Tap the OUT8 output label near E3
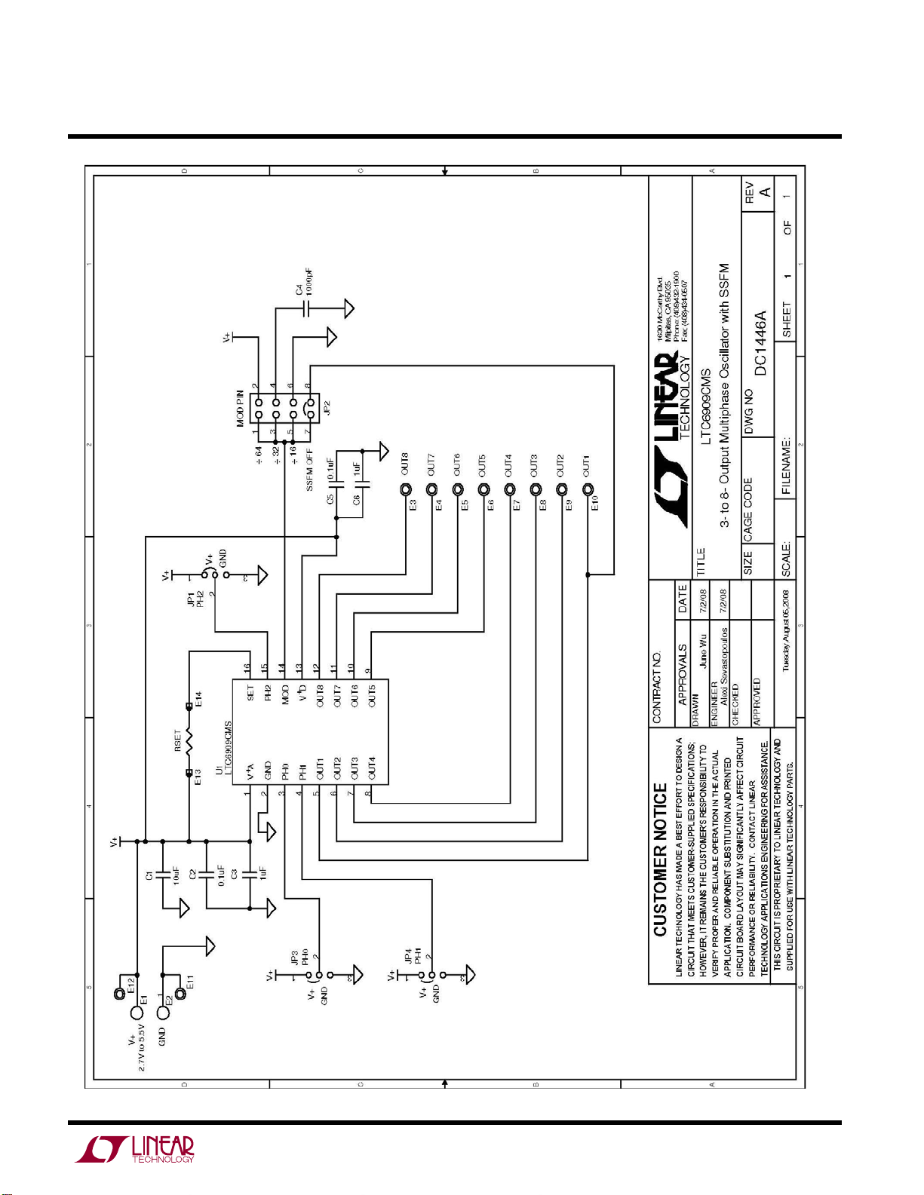(x=405, y=464)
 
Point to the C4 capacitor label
(x=299, y=290)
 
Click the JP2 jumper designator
(x=327, y=408)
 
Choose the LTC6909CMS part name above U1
(x=228, y=744)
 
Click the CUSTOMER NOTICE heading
(x=661, y=859)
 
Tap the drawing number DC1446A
(x=761, y=343)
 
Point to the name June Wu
(x=703, y=653)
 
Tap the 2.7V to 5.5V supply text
(x=141, y=1048)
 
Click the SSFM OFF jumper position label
(x=309, y=470)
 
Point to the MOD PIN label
(x=241, y=408)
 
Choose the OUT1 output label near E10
(x=586, y=465)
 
